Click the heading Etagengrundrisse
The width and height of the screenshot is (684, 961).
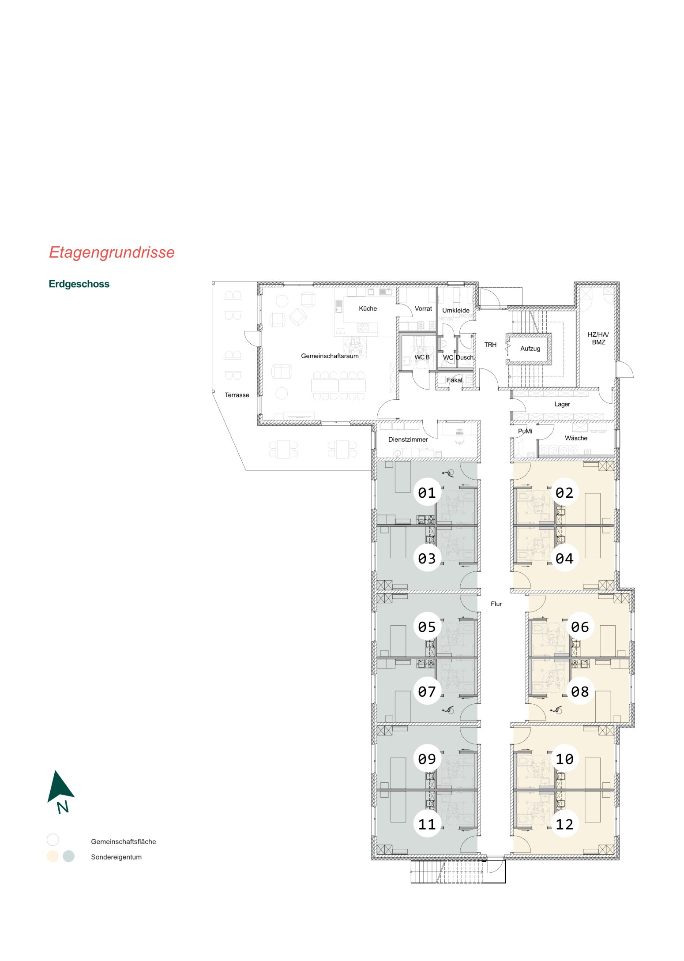tap(112, 252)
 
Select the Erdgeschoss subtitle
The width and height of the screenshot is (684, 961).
tap(79, 284)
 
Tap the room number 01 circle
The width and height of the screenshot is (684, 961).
tap(427, 492)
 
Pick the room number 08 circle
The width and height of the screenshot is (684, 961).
tap(579, 691)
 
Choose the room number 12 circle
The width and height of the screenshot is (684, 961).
tap(564, 824)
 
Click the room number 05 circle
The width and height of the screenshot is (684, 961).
tap(427, 627)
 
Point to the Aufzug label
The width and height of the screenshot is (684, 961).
tap(530, 349)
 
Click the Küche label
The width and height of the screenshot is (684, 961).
tap(368, 308)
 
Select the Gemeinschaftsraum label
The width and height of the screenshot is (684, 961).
tap(330, 356)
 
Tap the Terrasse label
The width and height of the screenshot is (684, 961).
tap(237, 395)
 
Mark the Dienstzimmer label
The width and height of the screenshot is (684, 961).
tap(408, 439)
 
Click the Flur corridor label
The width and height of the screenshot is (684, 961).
tap(496, 604)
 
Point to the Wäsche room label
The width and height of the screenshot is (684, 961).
tap(576, 438)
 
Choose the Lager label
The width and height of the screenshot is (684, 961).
tap(562, 404)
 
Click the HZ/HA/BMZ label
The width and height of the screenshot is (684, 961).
tap(598, 338)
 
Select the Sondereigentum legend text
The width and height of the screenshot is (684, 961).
tap(116, 857)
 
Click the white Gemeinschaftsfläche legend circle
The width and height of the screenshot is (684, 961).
tap(53, 840)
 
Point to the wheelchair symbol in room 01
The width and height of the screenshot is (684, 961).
tap(448, 473)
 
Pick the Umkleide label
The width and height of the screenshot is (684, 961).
tap(456, 310)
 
